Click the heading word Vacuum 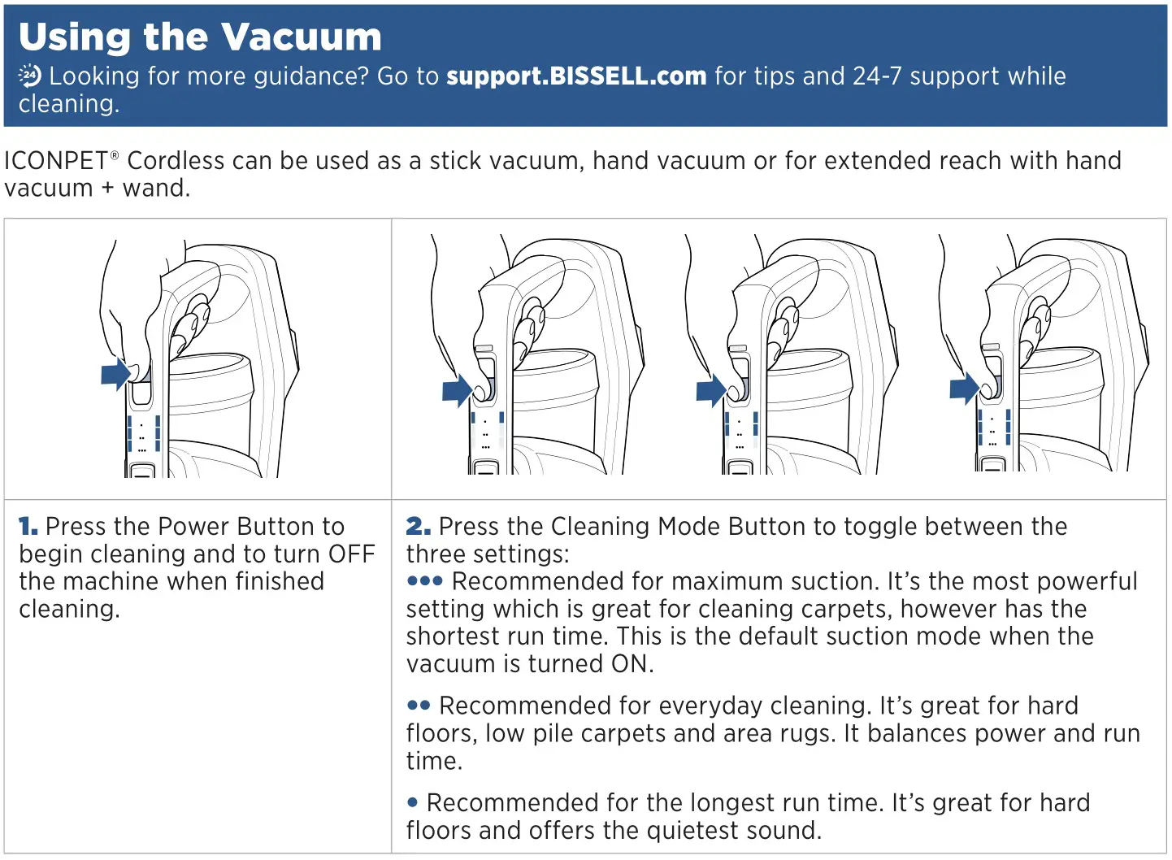coord(301,37)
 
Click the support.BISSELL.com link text coord(576,76)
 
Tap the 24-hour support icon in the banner coord(30,76)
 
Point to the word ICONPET coord(56,161)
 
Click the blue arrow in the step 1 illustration coord(115,375)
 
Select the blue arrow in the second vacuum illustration coord(457,390)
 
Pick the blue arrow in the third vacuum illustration coord(710,390)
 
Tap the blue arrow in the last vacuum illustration coord(964,389)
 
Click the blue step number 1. coord(28,527)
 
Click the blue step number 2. coord(418,527)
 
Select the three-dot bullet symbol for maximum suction coord(425,581)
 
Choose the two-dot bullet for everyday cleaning coord(419,706)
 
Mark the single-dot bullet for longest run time coord(413,803)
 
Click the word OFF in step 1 coord(351,554)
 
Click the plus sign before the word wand coord(108,189)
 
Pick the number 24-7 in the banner coord(877,76)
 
